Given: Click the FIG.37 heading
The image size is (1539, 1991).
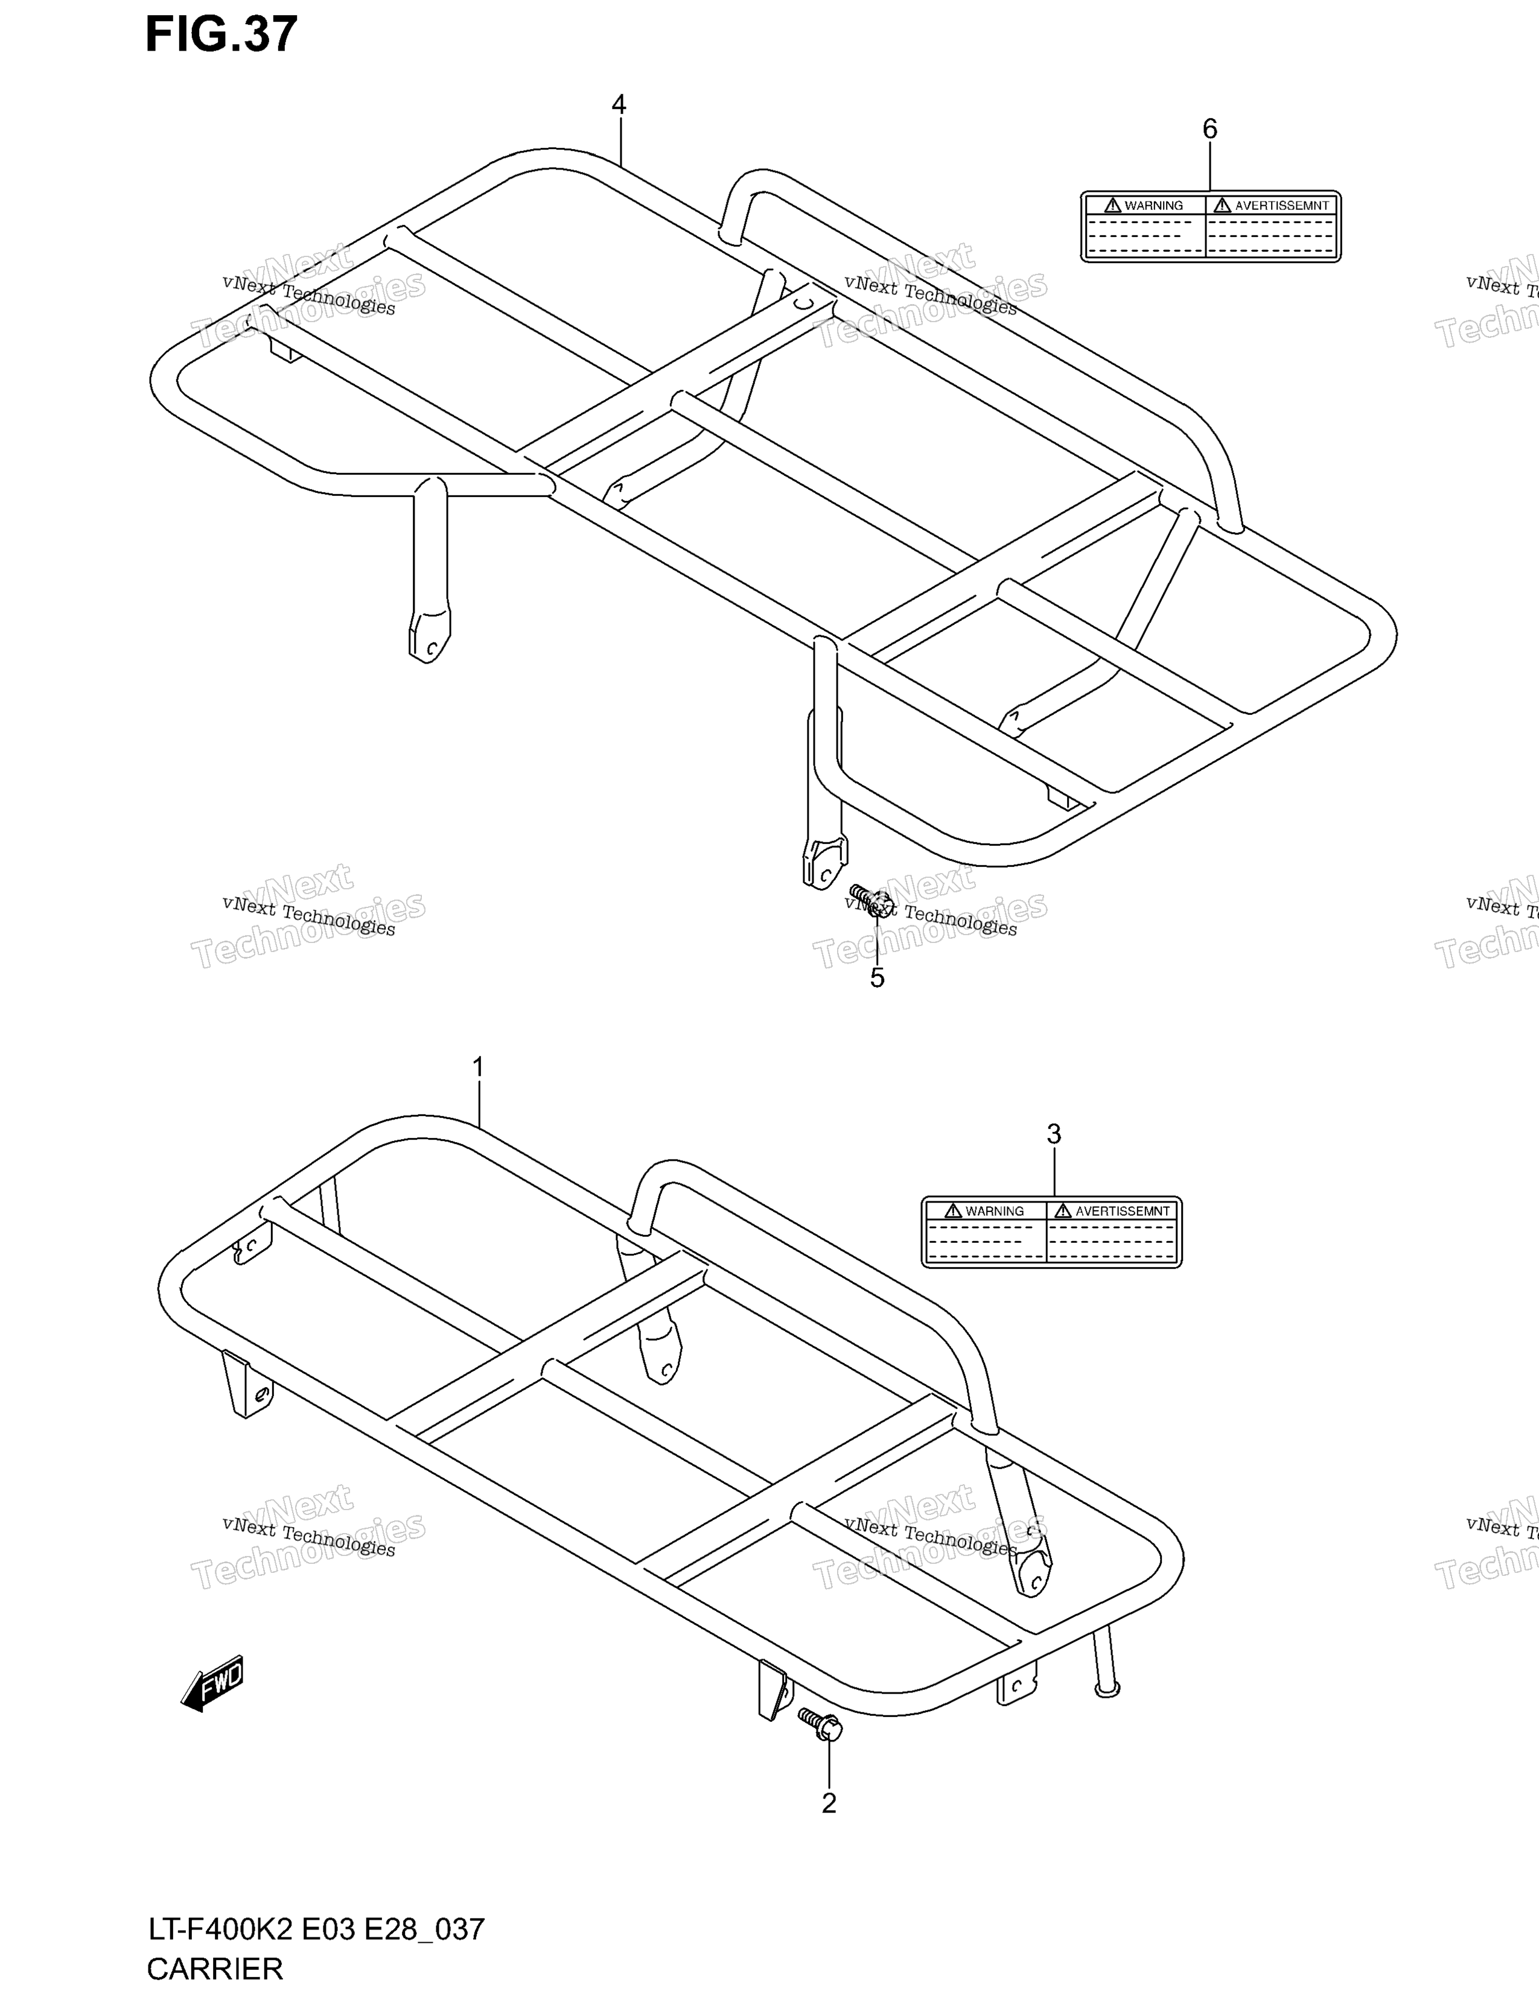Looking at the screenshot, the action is pyautogui.click(x=221, y=34).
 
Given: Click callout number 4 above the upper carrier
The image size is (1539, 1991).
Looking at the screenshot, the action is pyautogui.click(x=619, y=106).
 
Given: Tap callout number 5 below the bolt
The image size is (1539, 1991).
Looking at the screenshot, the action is pyautogui.click(x=877, y=978).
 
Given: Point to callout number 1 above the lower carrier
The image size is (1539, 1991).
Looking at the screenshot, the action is pyautogui.click(x=478, y=1067).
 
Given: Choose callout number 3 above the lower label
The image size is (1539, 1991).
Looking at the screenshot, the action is pyautogui.click(x=1054, y=1134).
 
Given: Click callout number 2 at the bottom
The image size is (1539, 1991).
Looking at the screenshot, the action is pyautogui.click(x=829, y=1803).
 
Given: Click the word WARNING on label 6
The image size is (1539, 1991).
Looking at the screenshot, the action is pyautogui.click(x=1153, y=206).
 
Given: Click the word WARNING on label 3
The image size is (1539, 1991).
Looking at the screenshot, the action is pyautogui.click(x=995, y=1211).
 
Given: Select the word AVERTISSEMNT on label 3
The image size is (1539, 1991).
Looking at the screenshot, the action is pyautogui.click(x=1123, y=1211).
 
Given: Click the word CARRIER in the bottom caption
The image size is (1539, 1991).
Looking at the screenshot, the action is pyautogui.click(x=215, y=1970).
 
